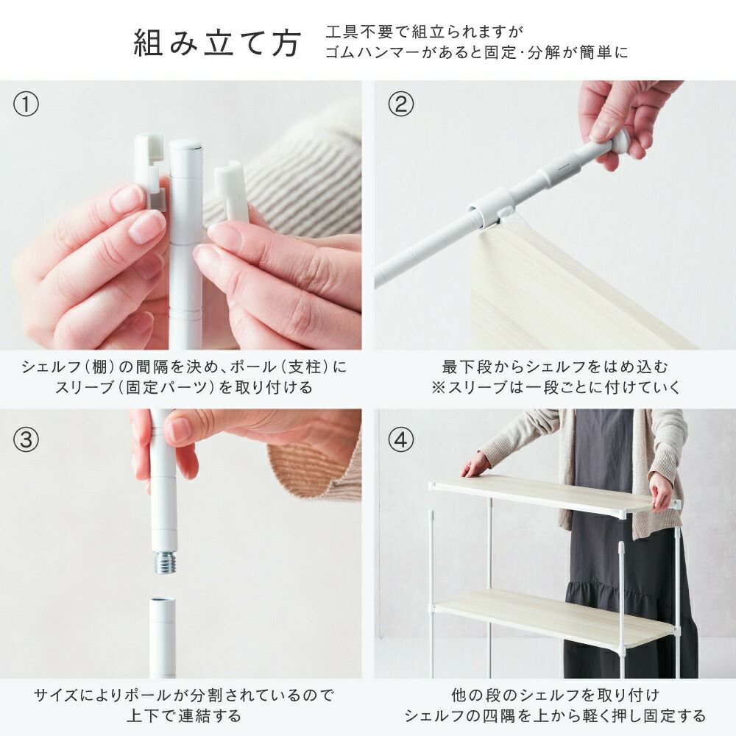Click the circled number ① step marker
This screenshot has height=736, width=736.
pos(26,105)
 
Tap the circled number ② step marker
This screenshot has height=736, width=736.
pos(401,105)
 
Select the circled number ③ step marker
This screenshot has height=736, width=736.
pos(26,440)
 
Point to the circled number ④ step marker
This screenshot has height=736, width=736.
pos(401,440)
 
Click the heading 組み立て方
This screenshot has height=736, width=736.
pos(217,43)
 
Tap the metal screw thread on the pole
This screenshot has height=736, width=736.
pos(164,563)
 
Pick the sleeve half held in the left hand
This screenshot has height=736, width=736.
pos(150,174)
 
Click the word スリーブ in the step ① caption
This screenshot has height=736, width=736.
pos(85,388)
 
